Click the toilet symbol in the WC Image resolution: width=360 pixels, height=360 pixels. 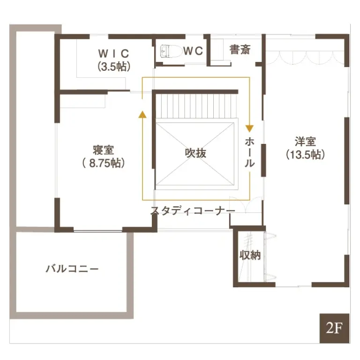(167, 51)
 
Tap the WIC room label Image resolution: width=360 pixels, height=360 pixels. (113, 52)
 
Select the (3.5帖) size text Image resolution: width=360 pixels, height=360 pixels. (113, 66)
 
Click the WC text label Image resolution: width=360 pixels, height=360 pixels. (193, 51)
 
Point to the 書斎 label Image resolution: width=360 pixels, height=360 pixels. (240, 50)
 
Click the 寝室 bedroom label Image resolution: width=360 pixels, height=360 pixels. (103, 150)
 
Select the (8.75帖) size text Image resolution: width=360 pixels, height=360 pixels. (103, 164)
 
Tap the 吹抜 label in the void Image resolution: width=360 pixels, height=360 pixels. (195, 153)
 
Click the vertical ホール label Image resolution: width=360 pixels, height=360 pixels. (250, 152)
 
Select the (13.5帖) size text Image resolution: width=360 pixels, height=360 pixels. (305, 155)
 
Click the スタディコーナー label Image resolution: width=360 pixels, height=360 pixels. (193, 211)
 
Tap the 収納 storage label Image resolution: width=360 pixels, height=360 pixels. (250, 255)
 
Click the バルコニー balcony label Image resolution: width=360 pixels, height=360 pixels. (72, 269)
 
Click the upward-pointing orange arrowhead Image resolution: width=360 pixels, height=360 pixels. (142, 113)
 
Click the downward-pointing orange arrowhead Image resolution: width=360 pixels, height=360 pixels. (250, 127)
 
